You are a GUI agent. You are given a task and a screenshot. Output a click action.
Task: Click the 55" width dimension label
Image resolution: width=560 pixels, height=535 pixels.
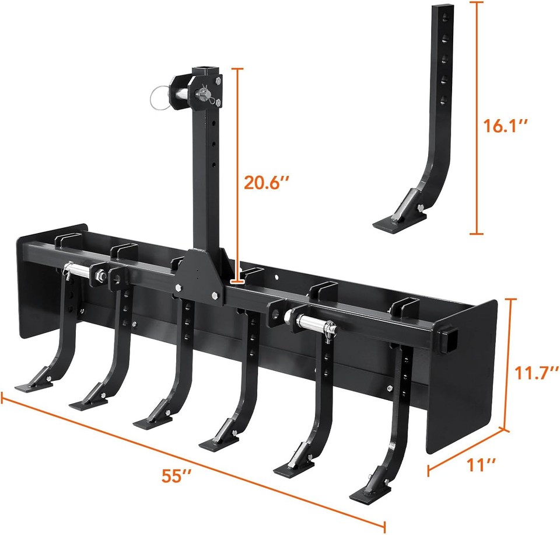coord(177,474)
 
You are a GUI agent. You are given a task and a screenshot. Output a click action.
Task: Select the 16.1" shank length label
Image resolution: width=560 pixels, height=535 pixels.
coord(507,125)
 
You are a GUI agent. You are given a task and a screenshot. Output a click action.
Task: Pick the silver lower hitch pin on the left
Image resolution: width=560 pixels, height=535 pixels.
coord(79,269)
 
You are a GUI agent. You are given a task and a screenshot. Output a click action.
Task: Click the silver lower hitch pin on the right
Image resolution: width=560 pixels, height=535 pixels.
coord(315,320)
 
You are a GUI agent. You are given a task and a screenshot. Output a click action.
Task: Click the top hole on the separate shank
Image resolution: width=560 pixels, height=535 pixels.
coord(443,23)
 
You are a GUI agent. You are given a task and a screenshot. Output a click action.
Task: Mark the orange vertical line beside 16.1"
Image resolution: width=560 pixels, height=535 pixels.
coord(477,117)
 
